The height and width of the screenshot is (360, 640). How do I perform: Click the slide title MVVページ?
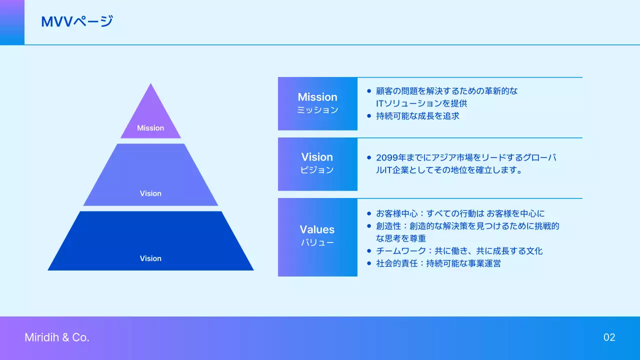click(77, 21)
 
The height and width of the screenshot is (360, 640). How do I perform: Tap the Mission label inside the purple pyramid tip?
click(150, 128)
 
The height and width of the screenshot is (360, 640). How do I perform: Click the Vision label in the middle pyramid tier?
click(150, 193)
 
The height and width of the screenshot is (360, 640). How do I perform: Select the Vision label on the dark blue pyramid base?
click(150, 258)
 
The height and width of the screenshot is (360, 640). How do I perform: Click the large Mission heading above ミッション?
click(317, 97)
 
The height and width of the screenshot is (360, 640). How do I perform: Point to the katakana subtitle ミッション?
click(317, 110)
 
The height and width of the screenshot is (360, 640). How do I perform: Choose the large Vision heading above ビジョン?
click(317, 157)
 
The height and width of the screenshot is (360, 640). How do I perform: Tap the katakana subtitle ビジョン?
click(317, 170)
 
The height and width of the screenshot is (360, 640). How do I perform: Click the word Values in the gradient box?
click(317, 229)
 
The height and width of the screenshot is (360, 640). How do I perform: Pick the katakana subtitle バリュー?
click(317, 242)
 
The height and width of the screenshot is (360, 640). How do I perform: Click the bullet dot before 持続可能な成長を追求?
click(369, 116)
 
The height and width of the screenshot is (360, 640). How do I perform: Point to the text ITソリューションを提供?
click(421, 103)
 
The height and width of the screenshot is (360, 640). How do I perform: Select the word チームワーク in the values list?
click(396, 251)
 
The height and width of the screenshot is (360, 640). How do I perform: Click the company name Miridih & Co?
click(57, 337)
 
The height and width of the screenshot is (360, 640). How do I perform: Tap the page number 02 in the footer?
click(609, 337)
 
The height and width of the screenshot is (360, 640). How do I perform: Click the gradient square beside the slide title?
click(12, 22)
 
